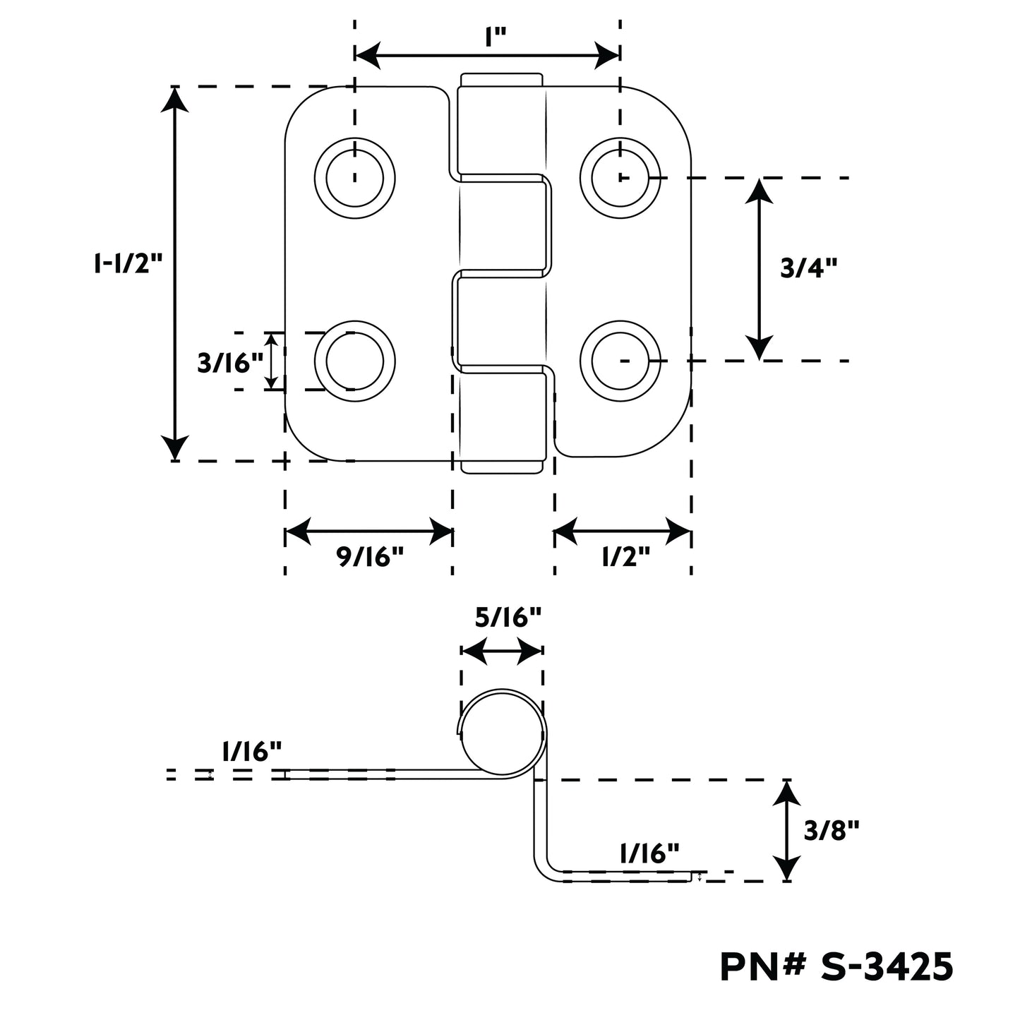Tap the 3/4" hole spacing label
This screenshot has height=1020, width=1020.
808,268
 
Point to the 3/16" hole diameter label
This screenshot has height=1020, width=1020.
229,363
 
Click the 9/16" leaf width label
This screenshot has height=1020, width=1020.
368,557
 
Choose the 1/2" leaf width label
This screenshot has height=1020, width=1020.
625,557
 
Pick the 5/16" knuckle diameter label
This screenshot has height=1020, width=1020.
508,618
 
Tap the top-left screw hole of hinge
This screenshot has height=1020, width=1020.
354,177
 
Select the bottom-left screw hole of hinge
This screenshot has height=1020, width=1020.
354,361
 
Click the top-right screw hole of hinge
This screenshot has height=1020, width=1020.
620,177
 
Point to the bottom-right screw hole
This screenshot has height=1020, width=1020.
620,361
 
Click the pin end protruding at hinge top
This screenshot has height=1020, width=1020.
502,79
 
